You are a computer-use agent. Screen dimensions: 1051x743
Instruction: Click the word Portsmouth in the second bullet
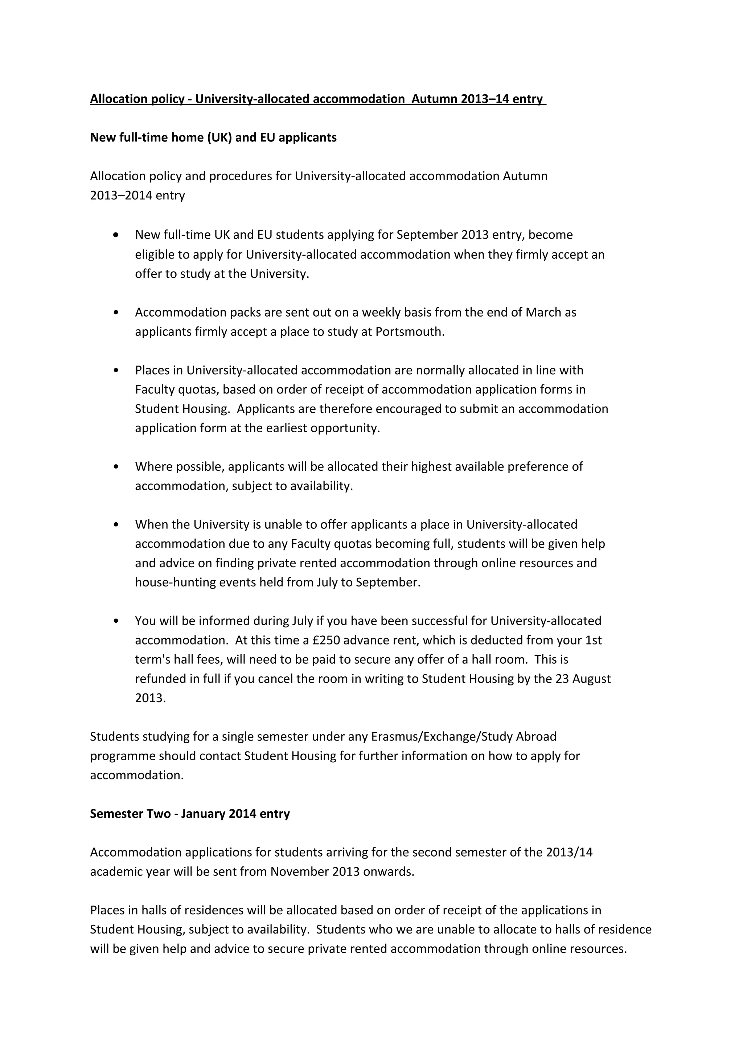point(409,331)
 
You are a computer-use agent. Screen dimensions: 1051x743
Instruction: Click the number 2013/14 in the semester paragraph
point(569,852)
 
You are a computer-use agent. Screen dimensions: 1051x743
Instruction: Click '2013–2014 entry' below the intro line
point(137,195)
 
